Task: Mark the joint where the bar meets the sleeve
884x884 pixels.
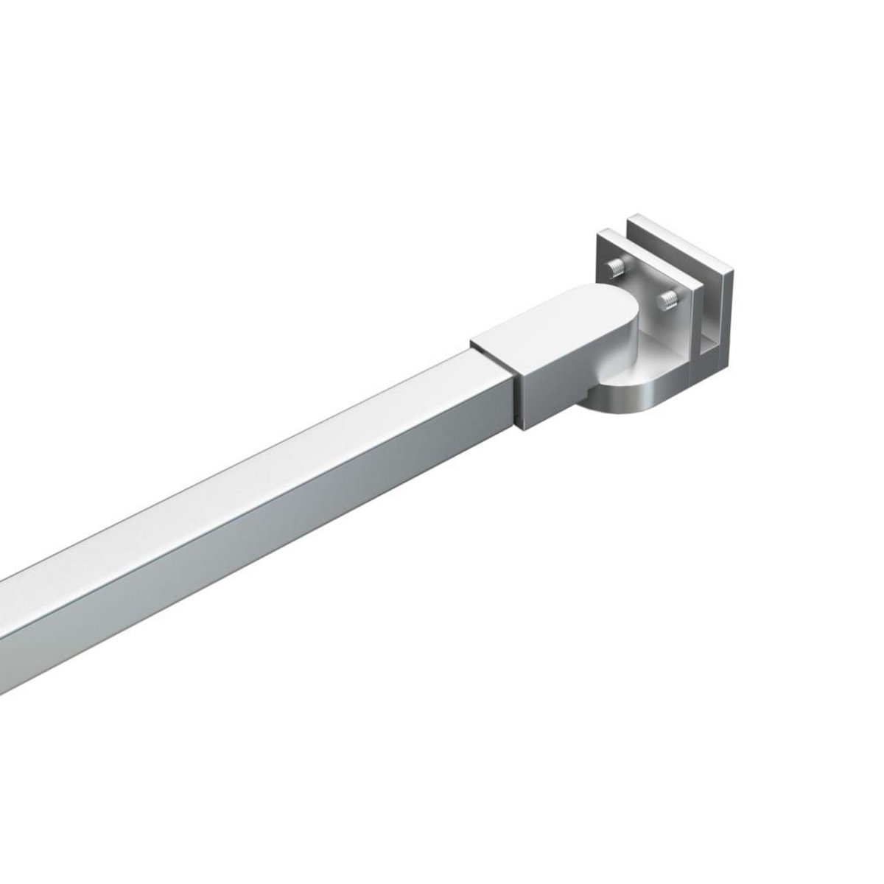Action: tap(513, 390)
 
